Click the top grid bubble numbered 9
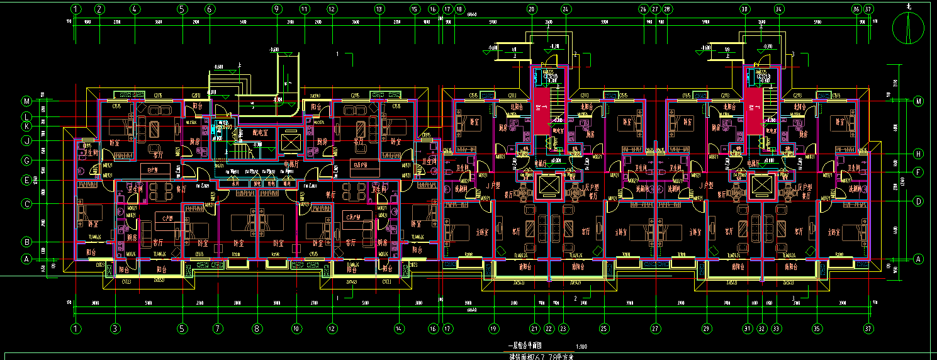[276, 9]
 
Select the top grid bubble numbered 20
[532, 9]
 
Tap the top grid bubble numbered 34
[779, 9]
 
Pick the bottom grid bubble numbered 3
[115, 328]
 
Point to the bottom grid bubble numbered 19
[494, 328]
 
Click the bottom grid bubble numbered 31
[748, 328]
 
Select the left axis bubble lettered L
[26, 117]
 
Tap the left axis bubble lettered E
[26, 180]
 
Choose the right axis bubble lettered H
[918, 154]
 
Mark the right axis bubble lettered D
[918, 201]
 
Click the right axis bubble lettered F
[918, 172]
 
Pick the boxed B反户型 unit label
[364, 166]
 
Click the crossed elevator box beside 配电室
[289, 142]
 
